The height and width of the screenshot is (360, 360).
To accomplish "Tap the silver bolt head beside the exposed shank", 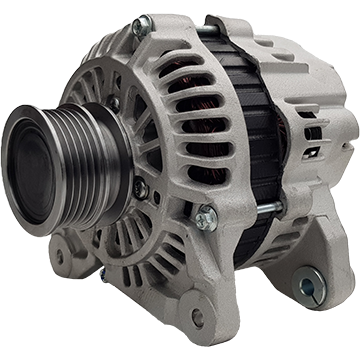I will [205, 217].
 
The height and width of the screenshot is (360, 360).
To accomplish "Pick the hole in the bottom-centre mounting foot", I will [197, 319].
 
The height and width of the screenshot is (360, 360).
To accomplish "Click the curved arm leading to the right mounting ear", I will [270, 265].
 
